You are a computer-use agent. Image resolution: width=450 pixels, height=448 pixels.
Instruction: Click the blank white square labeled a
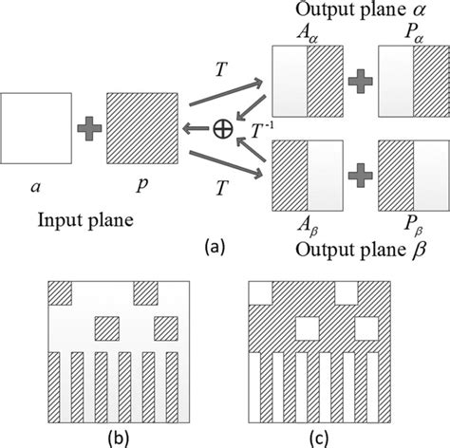tap(35, 126)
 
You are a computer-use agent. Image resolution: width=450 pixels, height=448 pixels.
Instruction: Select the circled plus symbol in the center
tap(224, 127)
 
